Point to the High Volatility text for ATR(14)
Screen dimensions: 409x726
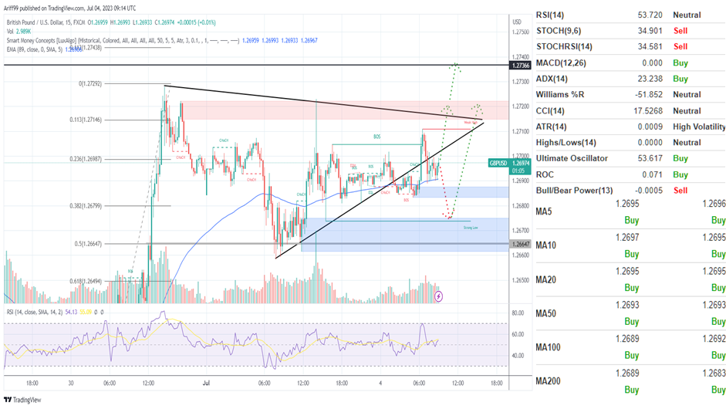point(698,126)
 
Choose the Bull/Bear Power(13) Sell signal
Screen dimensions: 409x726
point(682,190)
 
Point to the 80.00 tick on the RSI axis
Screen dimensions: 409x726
point(518,313)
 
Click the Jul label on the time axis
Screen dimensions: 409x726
point(206,382)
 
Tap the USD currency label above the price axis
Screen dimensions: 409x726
point(516,22)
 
